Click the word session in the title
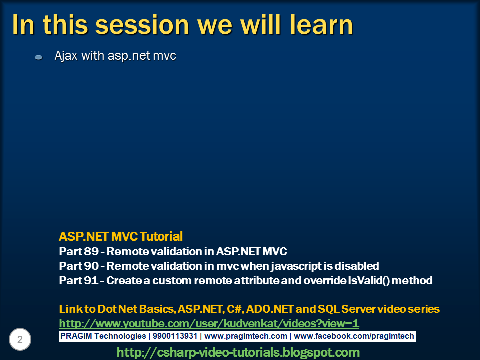(142, 25)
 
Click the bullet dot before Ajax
(39, 57)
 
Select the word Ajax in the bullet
(66, 56)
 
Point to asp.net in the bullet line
(129, 56)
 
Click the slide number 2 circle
(20, 339)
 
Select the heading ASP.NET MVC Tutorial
(121, 236)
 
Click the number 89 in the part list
(91, 251)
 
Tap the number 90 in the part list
(91, 266)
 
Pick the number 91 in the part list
(91, 280)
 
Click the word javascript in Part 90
(296, 266)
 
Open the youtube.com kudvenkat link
(209, 324)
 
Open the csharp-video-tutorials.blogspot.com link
(238, 352)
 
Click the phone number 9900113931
(175, 336)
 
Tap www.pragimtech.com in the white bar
(246, 336)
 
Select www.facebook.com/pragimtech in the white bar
(354, 336)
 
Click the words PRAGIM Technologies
(103, 336)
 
